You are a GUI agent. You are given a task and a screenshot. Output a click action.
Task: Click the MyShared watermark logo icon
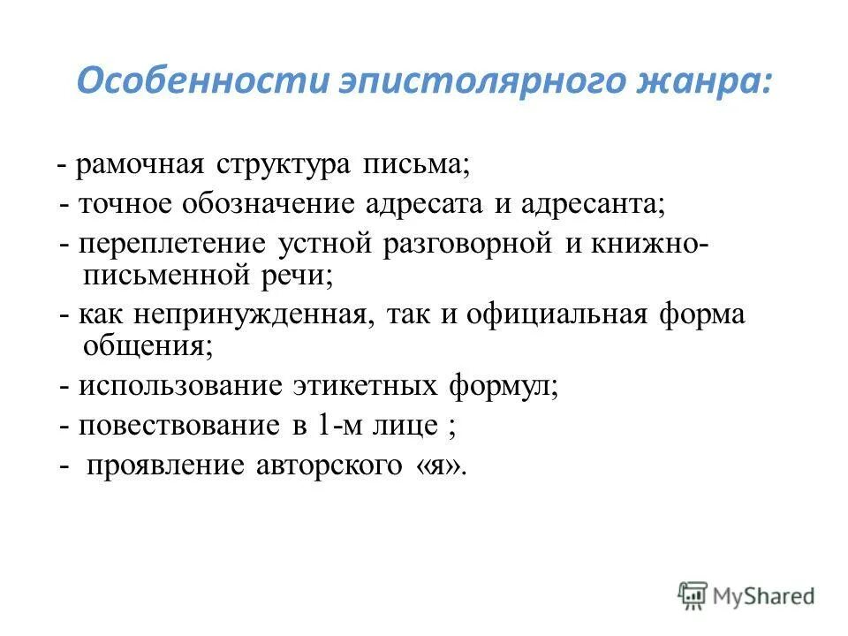point(693,595)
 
